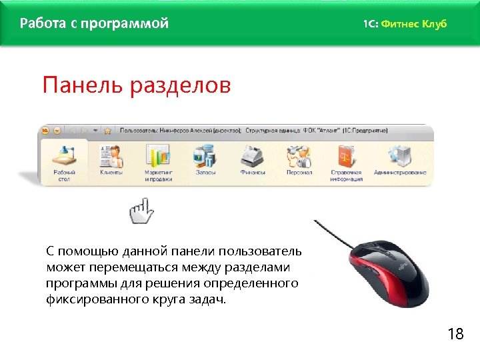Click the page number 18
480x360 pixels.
tap(456, 333)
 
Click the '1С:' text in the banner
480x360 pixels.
tap(370, 24)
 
